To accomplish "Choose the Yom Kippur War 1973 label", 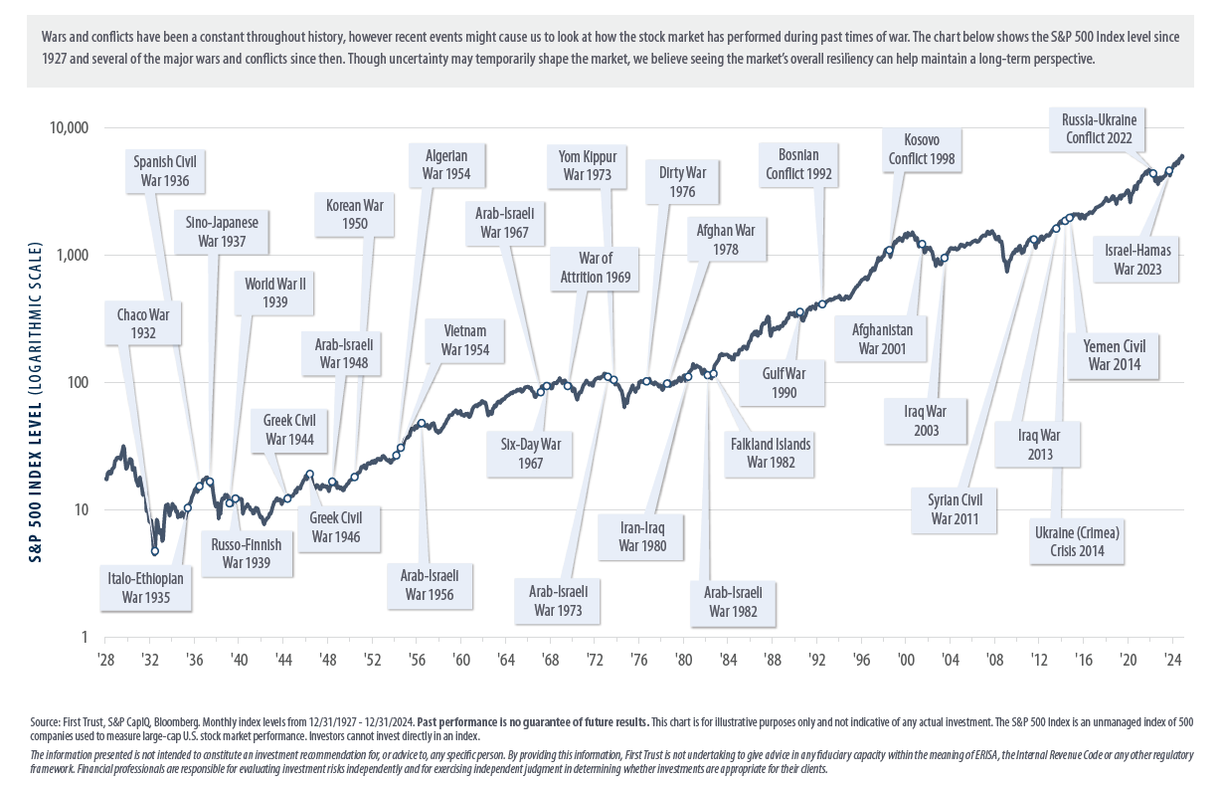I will [588, 166].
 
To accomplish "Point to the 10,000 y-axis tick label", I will [66, 128].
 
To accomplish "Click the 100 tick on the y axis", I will [77, 383].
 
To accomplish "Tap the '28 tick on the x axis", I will [105, 659].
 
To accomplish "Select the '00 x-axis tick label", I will [905, 659].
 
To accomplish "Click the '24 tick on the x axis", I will [1172, 659].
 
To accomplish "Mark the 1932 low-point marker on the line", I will [155, 550].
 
